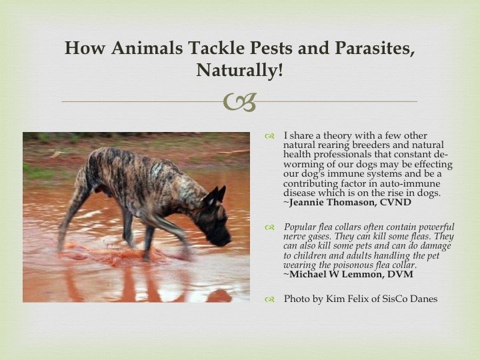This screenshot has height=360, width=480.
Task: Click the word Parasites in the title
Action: tap(375, 48)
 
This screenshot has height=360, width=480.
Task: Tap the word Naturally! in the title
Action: tap(240, 70)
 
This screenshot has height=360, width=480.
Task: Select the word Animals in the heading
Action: tap(147, 48)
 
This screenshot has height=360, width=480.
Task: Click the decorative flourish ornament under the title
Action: tap(240, 102)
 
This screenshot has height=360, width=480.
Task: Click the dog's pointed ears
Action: tap(216, 195)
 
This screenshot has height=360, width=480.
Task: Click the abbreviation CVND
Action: tap(395, 203)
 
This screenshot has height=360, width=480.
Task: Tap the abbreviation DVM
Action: tap(400, 274)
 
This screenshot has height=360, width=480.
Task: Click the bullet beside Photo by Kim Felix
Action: tap(270, 299)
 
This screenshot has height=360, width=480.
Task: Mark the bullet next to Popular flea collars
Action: tap(270, 227)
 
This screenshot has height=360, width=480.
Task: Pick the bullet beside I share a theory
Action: tap(270, 136)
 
